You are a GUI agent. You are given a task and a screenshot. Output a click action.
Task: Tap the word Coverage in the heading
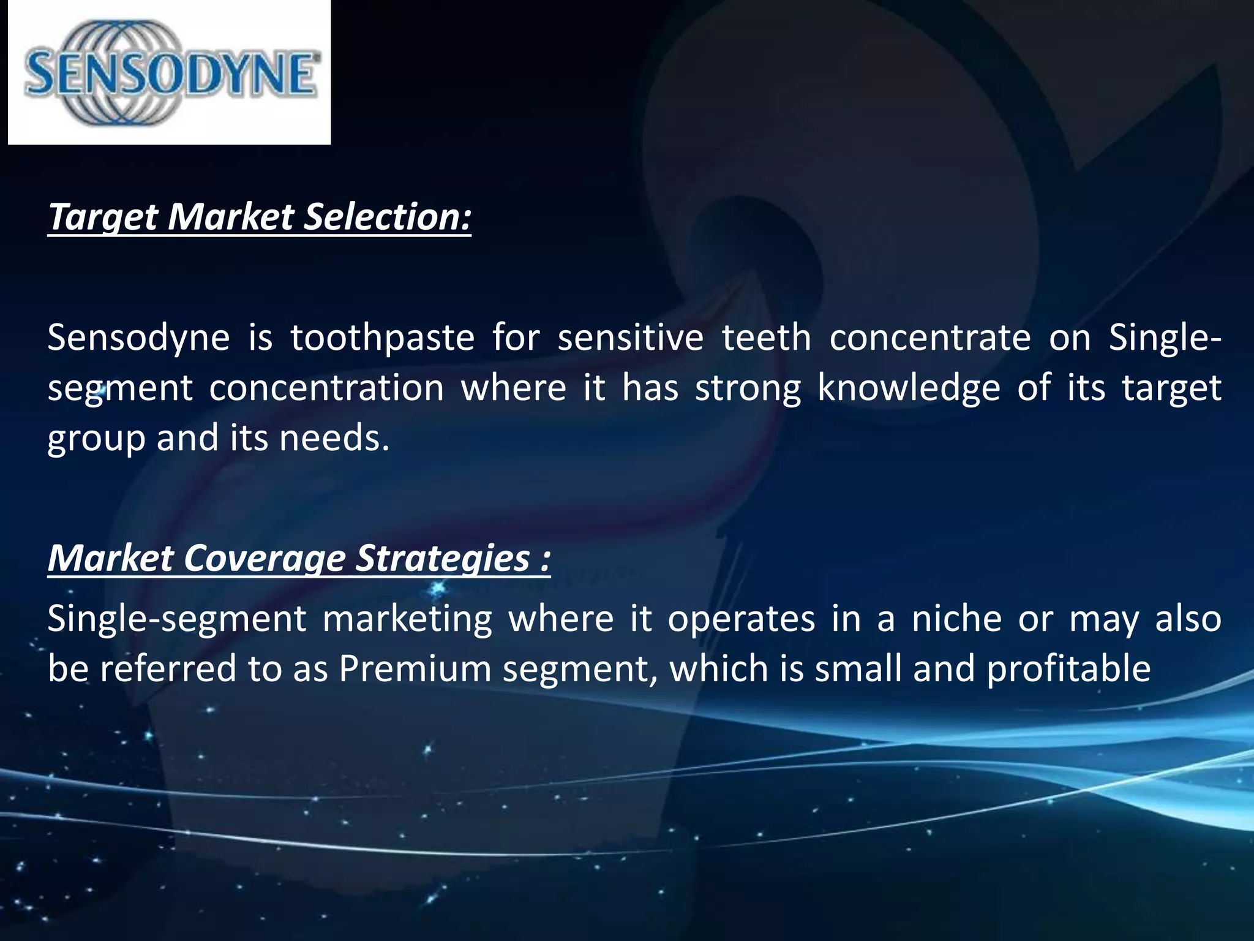(265, 558)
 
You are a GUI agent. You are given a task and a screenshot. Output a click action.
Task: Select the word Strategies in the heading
(442, 558)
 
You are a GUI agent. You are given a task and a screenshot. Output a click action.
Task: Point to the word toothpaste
(382, 338)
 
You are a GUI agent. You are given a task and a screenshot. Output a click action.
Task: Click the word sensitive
(630, 338)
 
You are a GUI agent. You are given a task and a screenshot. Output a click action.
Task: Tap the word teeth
(766, 338)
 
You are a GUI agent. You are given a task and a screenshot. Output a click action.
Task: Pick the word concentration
(326, 388)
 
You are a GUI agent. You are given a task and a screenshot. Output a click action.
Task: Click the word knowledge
(909, 388)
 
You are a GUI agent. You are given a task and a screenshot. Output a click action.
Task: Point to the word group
(96, 439)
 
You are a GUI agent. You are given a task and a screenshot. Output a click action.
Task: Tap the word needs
(334, 439)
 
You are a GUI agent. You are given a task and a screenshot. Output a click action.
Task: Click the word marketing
(407, 619)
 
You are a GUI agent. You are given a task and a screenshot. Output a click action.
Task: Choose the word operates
(741, 619)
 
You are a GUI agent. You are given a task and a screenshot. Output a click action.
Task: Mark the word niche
(956, 619)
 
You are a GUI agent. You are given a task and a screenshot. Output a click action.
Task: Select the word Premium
(415, 668)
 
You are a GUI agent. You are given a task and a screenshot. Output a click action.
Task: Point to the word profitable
(1068, 668)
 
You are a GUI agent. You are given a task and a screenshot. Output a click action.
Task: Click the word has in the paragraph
(650, 388)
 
